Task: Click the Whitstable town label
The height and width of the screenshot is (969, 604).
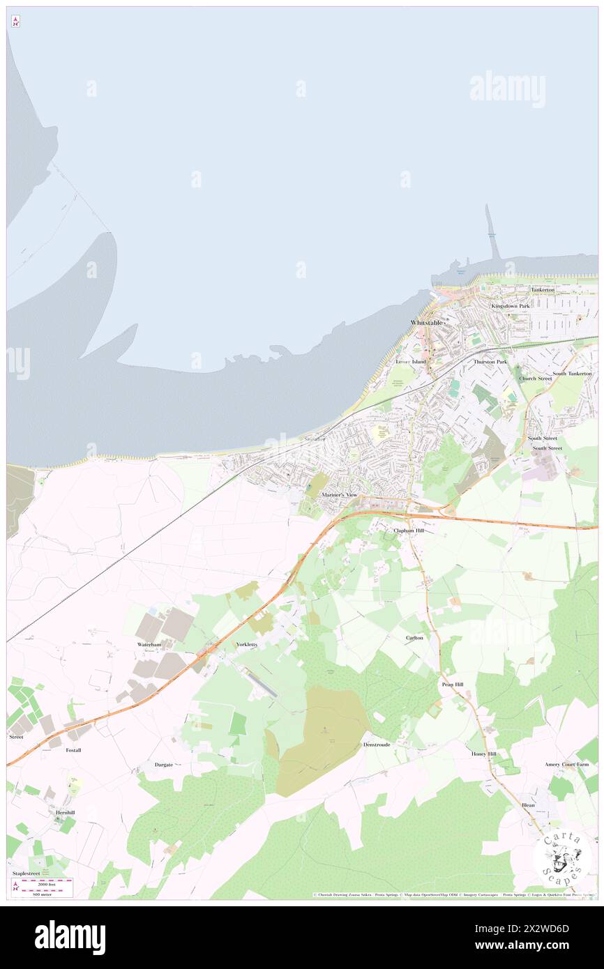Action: (426, 323)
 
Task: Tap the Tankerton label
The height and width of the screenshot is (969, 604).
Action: (542, 289)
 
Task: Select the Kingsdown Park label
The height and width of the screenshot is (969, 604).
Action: (511, 306)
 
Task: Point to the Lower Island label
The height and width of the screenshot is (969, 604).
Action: (410, 362)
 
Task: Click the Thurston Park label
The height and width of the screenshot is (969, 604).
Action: (490, 362)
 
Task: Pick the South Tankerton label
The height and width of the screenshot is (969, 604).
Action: (572, 374)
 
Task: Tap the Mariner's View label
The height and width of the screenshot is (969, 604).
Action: (339, 494)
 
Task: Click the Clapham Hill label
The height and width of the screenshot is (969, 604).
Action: (408, 531)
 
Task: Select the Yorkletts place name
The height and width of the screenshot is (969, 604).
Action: (247, 644)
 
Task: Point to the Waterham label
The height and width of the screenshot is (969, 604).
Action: (149, 645)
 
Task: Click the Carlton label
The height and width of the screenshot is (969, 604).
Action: (414, 638)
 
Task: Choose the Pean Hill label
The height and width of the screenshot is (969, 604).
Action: (452, 685)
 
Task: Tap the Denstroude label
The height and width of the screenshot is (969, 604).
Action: (377, 745)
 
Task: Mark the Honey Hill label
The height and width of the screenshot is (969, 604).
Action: (483, 754)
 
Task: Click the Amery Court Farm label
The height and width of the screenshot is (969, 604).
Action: (567, 764)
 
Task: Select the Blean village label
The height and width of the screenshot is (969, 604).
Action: (528, 805)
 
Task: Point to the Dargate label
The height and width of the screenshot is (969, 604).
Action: (164, 765)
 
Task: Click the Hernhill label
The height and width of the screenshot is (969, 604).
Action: (61, 812)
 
